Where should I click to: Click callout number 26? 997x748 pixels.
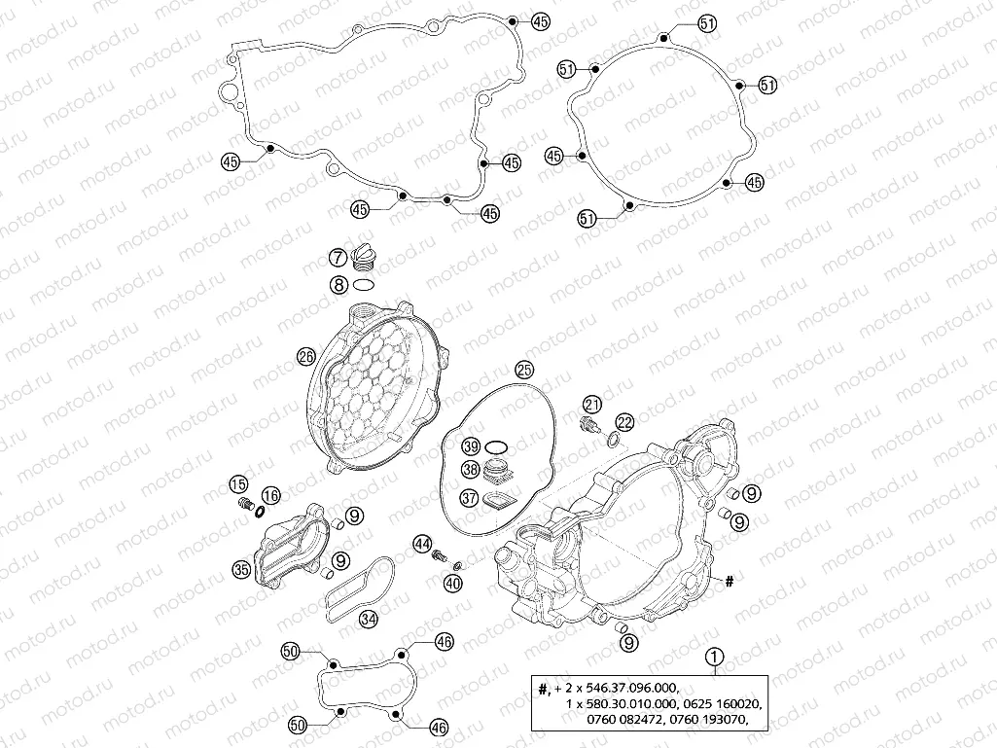pyautogui.click(x=305, y=357)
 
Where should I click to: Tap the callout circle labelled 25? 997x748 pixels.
pyautogui.click(x=524, y=370)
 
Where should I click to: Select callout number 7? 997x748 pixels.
pyautogui.click(x=337, y=258)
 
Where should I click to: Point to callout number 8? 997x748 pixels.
pyautogui.click(x=337, y=285)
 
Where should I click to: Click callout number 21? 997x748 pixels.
pyautogui.click(x=592, y=405)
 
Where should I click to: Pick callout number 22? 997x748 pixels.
pyautogui.click(x=624, y=421)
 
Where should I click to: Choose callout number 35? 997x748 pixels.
pyautogui.click(x=241, y=569)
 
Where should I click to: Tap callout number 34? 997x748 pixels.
pyautogui.click(x=369, y=618)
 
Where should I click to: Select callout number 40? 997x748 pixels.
pyautogui.click(x=452, y=584)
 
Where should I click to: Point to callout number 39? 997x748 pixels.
pyautogui.click(x=472, y=446)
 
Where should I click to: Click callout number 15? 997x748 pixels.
pyautogui.click(x=238, y=484)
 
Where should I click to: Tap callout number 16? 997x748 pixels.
pyautogui.click(x=270, y=495)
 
